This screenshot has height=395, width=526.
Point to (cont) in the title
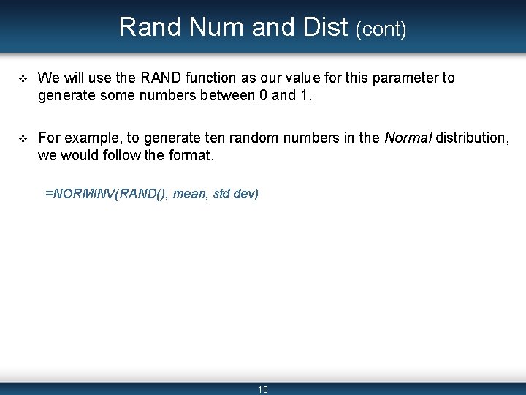click(x=381, y=29)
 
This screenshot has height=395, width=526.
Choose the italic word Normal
click(x=408, y=137)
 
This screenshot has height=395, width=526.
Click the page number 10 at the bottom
click(x=263, y=389)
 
